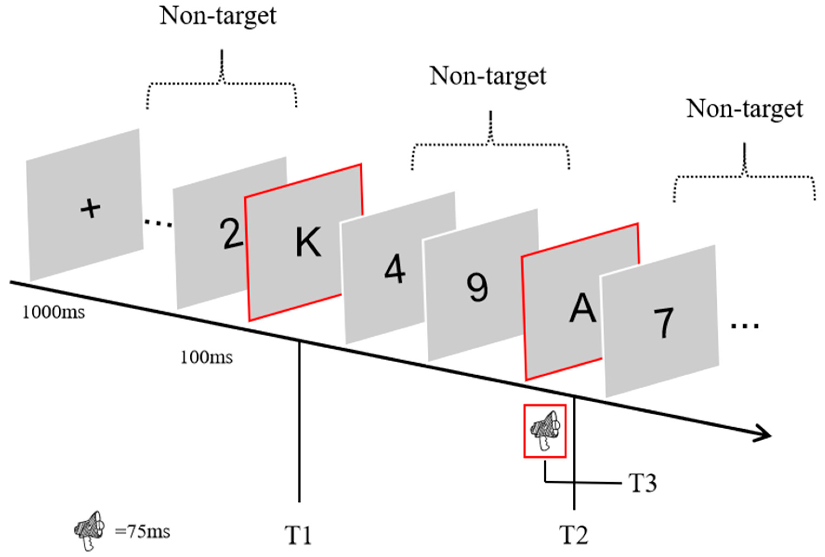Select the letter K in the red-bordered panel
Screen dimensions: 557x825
pos(308,242)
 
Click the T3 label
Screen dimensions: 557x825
pos(643,483)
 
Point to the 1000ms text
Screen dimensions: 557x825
pos(54,313)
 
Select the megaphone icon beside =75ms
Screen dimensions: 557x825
pos(89,530)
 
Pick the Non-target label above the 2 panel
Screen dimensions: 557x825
pos(218,16)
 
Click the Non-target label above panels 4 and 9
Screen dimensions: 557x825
pos(488,76)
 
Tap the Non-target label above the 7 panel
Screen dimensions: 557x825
pos(745,109)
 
